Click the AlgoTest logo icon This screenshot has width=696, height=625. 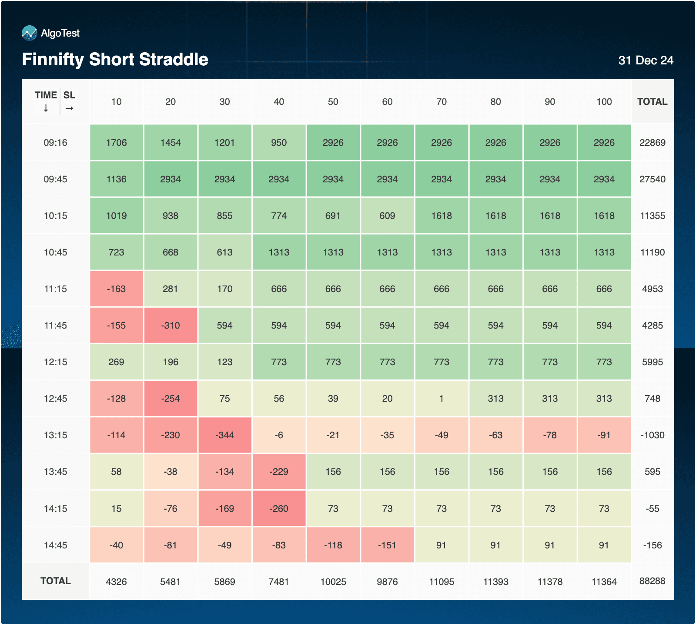(x=29, y=33)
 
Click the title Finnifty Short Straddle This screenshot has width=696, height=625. (x=115, y=60)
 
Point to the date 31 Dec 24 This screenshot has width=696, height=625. (x=646, y=60)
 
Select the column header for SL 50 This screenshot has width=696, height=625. (x=333, y=102)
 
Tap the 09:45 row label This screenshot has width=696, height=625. (x=55, y=179)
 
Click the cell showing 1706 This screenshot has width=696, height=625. (x=116, y=143)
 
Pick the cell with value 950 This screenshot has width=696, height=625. (x=279, y=143)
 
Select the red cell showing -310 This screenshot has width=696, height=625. (x=171, y=326)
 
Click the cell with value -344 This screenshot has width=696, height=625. (x=224, y=435)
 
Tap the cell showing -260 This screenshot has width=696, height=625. (x=279, y=508)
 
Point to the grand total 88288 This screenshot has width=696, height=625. (x=652, y=581)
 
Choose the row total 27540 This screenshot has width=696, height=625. (x=652, y=179)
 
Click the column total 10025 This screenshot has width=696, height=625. (x=333, y=582)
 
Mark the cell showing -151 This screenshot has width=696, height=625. (x=387, y=545)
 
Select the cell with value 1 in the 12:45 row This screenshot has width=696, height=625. (x=441, y=399)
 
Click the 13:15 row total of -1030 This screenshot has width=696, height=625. (x=652, y=435)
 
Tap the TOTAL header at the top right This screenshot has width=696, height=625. (x=652, y=102)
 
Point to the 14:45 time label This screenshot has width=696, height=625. (x=55, y=545)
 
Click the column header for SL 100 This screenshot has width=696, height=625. (x=604, y=102)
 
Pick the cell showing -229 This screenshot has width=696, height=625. (x=279, y=472)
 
